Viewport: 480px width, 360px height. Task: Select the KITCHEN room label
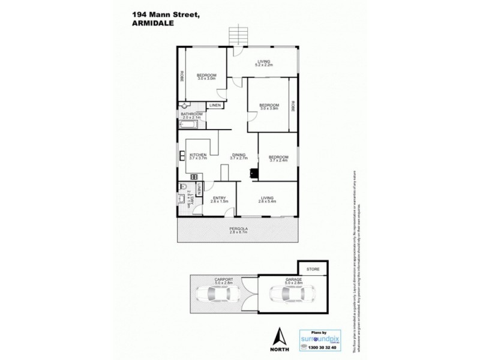coord(197,155)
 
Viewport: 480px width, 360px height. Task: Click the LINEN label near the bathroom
coord(215,106)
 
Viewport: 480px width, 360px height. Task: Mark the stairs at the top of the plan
coord(238,35)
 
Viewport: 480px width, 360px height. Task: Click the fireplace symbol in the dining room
coord(254,174)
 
